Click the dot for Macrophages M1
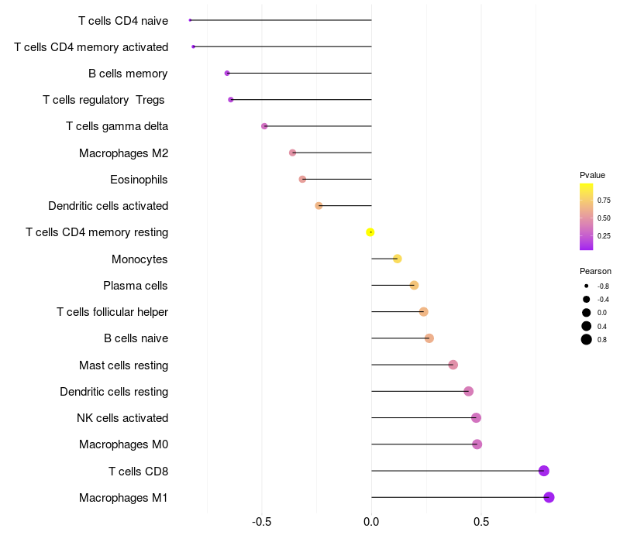point(549,497)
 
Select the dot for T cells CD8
point(543,471)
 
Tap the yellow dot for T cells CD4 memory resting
point(370,232)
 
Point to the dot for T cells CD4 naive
point(190,20)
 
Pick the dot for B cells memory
point(227,73)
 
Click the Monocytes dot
point(398,259)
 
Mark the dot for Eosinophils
point(302,179)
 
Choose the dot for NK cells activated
point(476,418)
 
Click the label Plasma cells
point(136,286)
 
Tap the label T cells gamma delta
point(117,126)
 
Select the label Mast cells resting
point(123,365)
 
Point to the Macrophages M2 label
point(123,153)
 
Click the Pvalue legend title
point(592,175)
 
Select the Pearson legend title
point(595,271)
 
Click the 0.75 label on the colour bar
point(604,200)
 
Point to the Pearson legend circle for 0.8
point(587,339)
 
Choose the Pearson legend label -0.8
point(603,286)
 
